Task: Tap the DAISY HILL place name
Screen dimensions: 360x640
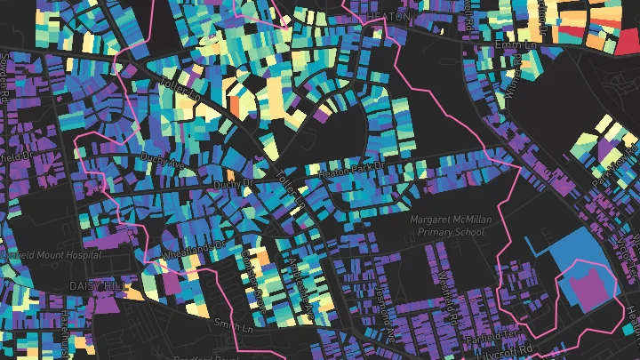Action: pyautogui.click(x=99, y=286)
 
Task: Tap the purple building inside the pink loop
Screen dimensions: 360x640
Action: pyautogui.click(x=584, y=287)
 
